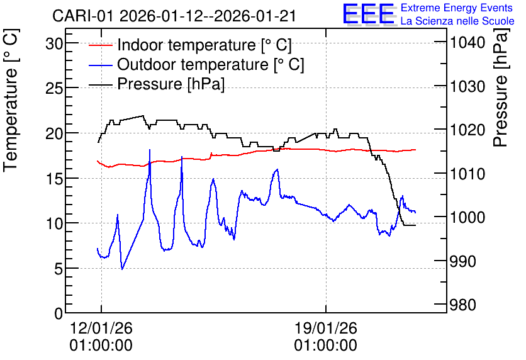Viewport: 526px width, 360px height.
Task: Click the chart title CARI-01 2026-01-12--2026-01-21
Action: pyautogui.click(x=174, y=16)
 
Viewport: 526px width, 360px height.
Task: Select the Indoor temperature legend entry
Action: pyautogui.click(x=190, y=45)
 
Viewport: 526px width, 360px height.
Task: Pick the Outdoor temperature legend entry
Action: pyautogui.click(x=196, y=64)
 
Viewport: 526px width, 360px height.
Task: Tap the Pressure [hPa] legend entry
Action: pyautogui.click(x=157, y=84)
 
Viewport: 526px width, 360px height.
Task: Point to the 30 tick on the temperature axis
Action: pyautogui.click(x=54, y=43)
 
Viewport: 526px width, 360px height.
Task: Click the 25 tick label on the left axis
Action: pyautogui.click(x=54, y=89)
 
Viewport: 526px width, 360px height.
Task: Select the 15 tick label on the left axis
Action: pyautogui.click(x=54, y=179)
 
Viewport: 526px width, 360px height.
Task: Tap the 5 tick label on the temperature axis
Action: pyautogui.click(x=59, y=269)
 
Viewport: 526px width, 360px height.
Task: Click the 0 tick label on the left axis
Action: pyautogui.click(x=59, y=313)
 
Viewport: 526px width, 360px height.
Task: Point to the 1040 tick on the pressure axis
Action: pyautogui.click(x=467, y=43)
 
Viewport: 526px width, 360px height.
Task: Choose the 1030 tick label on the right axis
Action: pyautogui.click(x=467, y=87)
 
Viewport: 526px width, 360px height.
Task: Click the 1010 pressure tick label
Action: pyautogui.click(x=467, y=174)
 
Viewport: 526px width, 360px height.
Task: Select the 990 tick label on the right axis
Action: pyautogui.click(x=463, y=261)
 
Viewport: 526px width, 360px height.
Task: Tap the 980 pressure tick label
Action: pyautogui.click(x=463, y=305)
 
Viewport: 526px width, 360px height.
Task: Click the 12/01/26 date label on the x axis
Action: pyautogui.click(x=101, y=328)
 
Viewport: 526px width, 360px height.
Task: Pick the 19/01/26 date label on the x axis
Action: pyautogui.click(x=326, y=328)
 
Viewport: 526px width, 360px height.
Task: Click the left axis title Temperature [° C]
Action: pyautogui.click(x=11, y=101)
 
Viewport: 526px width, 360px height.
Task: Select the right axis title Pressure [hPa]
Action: pyautogui.click(x=501, y=87)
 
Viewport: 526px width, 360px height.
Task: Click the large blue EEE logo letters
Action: pyautogui.click(x=368, y=14)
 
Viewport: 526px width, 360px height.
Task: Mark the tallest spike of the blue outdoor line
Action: pyautogui.click(x=150, y=150)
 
